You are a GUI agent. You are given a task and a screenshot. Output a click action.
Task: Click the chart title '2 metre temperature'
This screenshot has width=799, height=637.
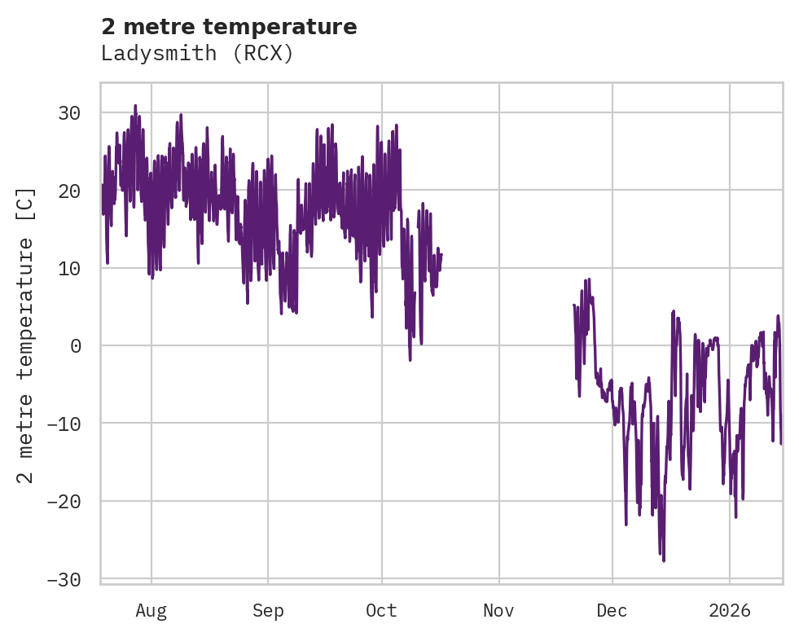[229, 27]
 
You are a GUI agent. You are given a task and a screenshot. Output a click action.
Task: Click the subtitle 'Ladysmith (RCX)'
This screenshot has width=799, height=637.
[196, 54]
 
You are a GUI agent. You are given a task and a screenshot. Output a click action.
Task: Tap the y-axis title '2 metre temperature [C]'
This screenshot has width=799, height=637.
[26, 335]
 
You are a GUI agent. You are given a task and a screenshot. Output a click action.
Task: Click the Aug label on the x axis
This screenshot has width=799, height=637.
[151, 610]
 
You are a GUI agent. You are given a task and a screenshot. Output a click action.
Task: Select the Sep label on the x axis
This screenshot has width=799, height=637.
[267, 610]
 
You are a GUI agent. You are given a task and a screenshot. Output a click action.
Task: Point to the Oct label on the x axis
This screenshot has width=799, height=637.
[382, 610]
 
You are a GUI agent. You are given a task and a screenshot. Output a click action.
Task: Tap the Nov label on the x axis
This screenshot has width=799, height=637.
[498, 610]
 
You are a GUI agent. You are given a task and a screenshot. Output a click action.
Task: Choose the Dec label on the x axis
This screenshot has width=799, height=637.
[612, 610]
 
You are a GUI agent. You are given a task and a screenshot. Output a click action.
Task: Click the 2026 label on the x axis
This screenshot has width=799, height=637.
[729, 610]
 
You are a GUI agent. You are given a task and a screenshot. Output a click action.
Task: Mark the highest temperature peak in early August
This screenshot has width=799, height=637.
[135, 106]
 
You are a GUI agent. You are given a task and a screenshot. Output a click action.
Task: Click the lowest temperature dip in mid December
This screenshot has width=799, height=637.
[664, 560]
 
